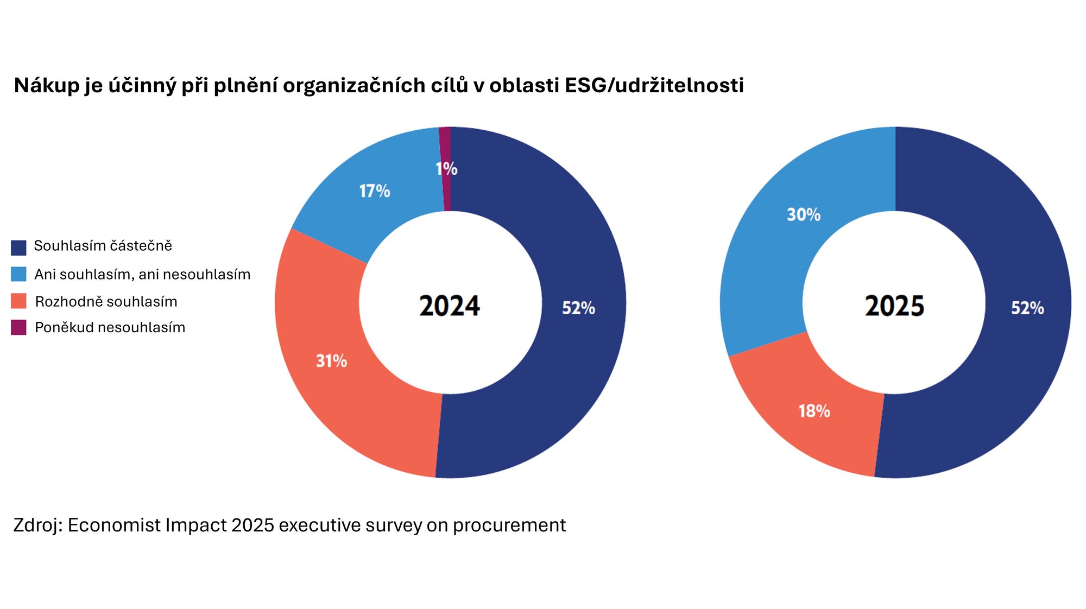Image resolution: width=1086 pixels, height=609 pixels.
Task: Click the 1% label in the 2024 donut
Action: coord(446,169)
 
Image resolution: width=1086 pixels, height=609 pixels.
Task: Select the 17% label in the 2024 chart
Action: coord(375,191)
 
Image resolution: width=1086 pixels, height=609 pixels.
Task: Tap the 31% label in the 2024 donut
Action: coord(331,361)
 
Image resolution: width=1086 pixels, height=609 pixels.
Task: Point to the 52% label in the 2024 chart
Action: coord(578,308)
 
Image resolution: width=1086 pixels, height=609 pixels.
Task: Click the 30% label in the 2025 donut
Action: coord(804,215)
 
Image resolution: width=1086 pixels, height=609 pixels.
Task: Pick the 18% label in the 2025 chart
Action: coord(814,411)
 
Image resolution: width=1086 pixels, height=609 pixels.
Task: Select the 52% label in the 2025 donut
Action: coord(1027,308)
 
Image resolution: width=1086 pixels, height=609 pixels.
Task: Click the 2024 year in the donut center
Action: coord(450,306)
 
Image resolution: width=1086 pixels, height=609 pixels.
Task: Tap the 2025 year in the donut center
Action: coord(894,306)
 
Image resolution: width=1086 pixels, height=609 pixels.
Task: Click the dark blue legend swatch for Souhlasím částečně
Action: coord(18,248)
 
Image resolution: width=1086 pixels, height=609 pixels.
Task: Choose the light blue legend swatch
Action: coord(18,274)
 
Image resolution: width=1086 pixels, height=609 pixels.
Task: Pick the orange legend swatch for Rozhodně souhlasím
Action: coord(18,301)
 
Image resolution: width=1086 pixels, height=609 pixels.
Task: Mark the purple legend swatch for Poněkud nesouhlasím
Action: coord(18,327)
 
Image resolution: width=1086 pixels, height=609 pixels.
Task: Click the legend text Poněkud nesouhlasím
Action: coord(110,327)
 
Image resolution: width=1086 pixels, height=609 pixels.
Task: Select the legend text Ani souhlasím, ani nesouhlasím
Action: coord(142,274)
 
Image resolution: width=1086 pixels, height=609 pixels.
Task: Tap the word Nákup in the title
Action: coord(47,86)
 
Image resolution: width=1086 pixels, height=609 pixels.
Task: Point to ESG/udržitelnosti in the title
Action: coord(654,86)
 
